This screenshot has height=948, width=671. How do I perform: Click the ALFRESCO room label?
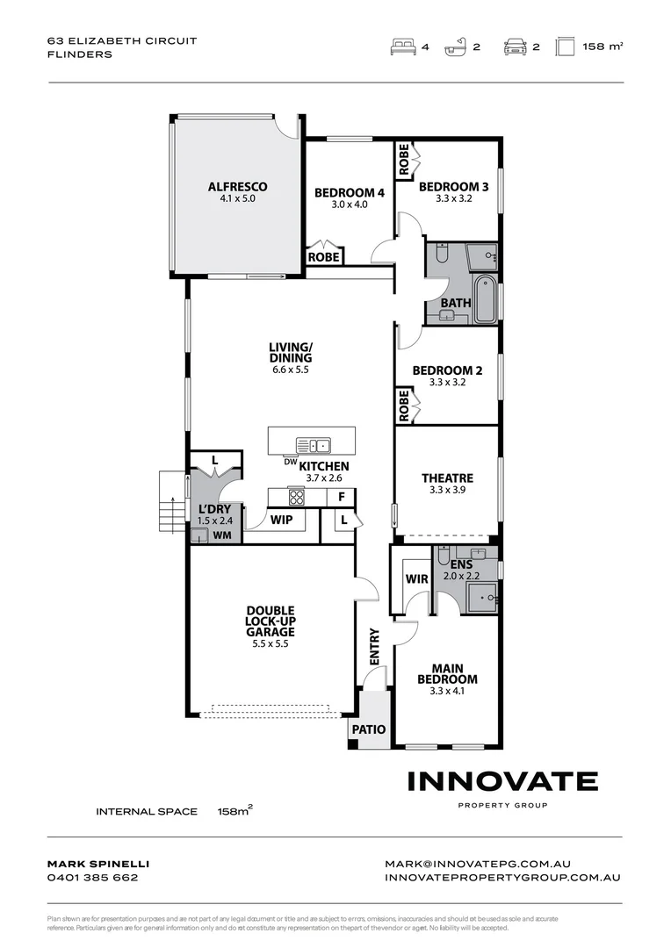click(x=237, y=186)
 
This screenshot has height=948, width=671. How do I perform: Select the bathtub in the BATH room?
click(x=485, y=299)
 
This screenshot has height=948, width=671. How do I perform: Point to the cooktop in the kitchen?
click(x=296, y=497)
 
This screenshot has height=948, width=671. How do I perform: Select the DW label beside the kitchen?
click(x=290, y=462)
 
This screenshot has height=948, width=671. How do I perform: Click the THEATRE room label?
click(x=447, y=478)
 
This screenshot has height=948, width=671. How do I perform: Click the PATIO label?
click(x=368, y=729)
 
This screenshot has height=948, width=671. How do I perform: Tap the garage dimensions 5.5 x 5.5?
click(x=270, y=643)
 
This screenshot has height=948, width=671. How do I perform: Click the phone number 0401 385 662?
click(x=92, y=877)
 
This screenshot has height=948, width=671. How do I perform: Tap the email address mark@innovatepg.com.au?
click(x=477, y=864)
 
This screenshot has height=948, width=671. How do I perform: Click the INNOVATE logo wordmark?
click(x=502, y=780)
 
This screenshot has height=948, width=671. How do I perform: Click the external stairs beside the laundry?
click(x=170, y=502)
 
